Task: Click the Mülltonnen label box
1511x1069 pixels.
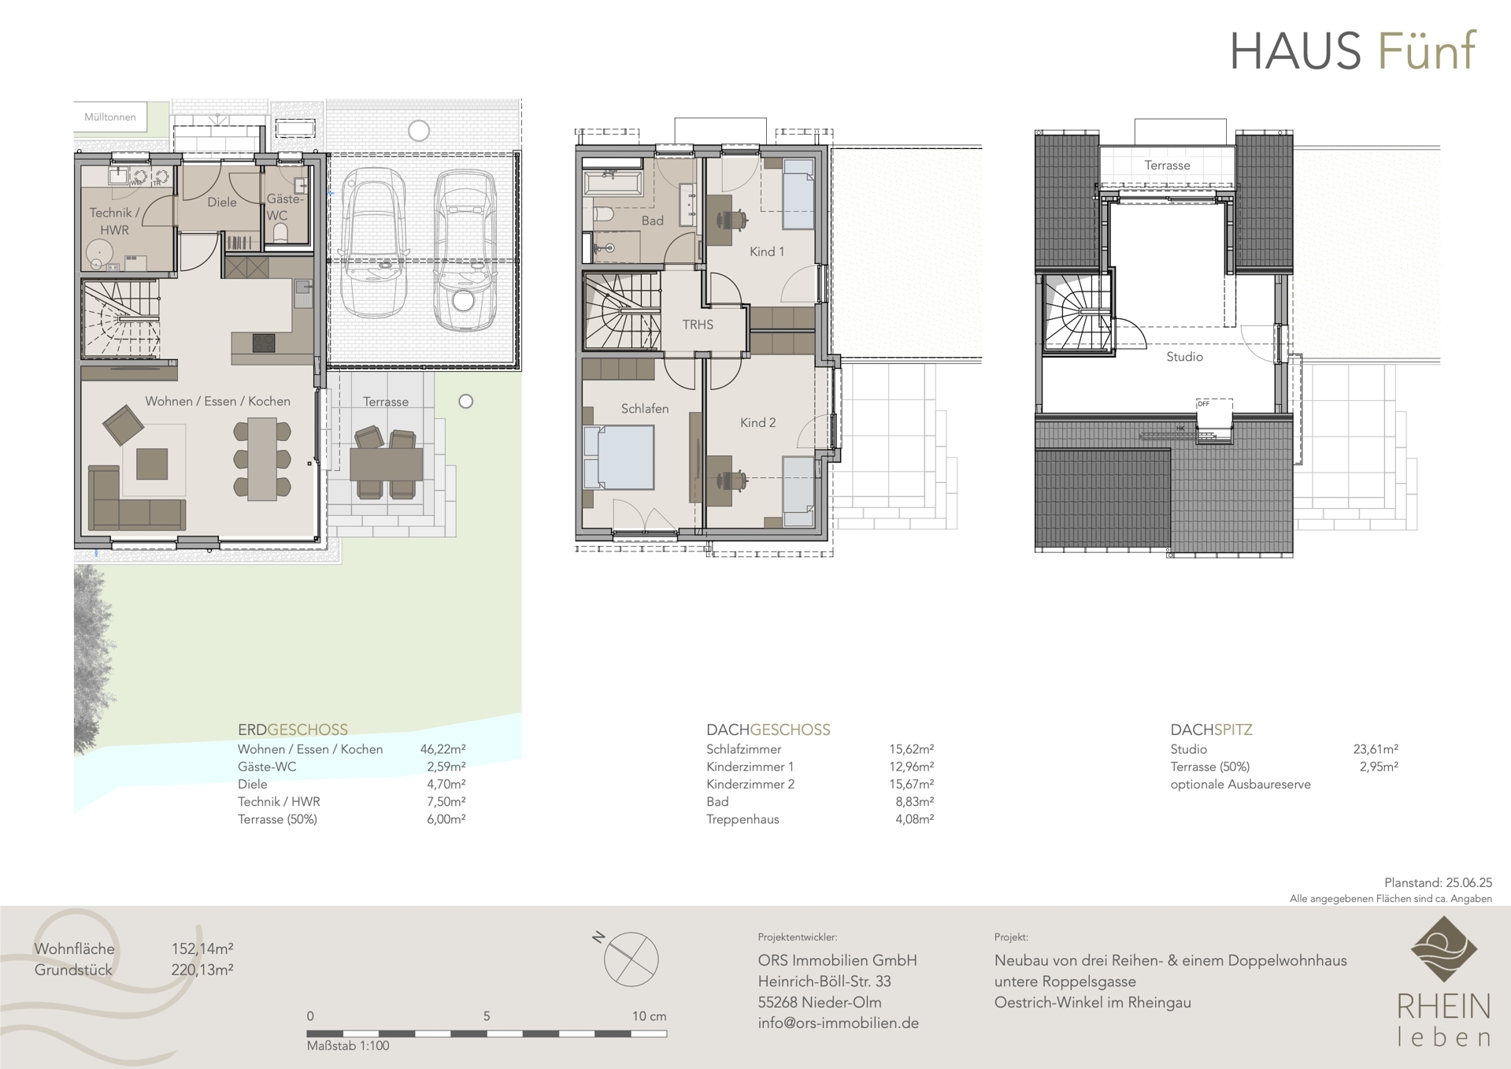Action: (110, 117)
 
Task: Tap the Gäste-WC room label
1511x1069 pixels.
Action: (283, 207)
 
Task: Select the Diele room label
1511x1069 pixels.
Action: (222, 202)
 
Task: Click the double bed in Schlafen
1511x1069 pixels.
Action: (620, 457)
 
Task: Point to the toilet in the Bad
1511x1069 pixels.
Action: (604, 214)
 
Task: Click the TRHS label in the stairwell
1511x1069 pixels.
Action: (698, 324)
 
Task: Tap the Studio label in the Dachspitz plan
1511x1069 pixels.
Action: (1184, 357)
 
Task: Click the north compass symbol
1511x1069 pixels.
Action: (630, 959)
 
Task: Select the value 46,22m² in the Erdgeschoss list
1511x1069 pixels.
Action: (443, 749)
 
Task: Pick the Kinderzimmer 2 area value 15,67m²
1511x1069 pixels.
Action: (911, 784)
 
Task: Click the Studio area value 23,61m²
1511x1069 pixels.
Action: (1376, 749)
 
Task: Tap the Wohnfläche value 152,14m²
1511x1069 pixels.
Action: (202, 948)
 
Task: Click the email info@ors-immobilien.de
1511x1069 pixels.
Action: (839, 1023)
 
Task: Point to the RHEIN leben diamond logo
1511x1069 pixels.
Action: (1443, 948)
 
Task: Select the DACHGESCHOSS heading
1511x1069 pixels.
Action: (768, 729)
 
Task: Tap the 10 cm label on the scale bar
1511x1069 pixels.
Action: (649, 1016)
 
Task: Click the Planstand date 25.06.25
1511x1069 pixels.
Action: (1468, 883)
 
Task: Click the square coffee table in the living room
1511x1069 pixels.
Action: (152, 464)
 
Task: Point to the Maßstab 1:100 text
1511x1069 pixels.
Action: (348, 1045)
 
